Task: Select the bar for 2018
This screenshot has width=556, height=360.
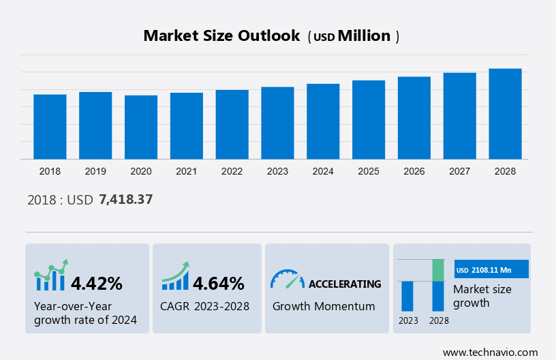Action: [50, 127]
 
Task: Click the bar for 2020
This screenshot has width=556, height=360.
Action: [141, 127]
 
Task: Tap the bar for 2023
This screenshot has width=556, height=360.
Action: [277, 123]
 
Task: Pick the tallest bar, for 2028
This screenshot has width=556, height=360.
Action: [505, 114]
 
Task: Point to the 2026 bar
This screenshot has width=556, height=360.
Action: [414, 118]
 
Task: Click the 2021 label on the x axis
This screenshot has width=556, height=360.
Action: [187, 171]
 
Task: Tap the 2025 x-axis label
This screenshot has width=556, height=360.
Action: [369, 171]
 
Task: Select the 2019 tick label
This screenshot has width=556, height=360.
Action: [95, 171]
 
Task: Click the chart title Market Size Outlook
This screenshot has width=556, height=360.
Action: [221, 36]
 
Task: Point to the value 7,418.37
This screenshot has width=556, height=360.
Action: [125, 200]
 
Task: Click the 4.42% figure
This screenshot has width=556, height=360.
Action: [97, 283]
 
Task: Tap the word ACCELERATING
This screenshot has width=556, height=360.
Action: [345, 284]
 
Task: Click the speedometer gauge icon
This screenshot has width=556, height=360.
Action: [287, 279]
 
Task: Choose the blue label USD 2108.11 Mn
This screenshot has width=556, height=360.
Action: [491, 269]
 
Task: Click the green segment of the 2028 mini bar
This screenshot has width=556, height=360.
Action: [438, 270]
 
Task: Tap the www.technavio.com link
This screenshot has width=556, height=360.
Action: [490, 352]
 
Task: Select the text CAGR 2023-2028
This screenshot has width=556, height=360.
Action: [205, 306]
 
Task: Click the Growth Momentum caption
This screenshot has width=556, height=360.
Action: [324, 306]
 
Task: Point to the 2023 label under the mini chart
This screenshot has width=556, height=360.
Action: [408, 320]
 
